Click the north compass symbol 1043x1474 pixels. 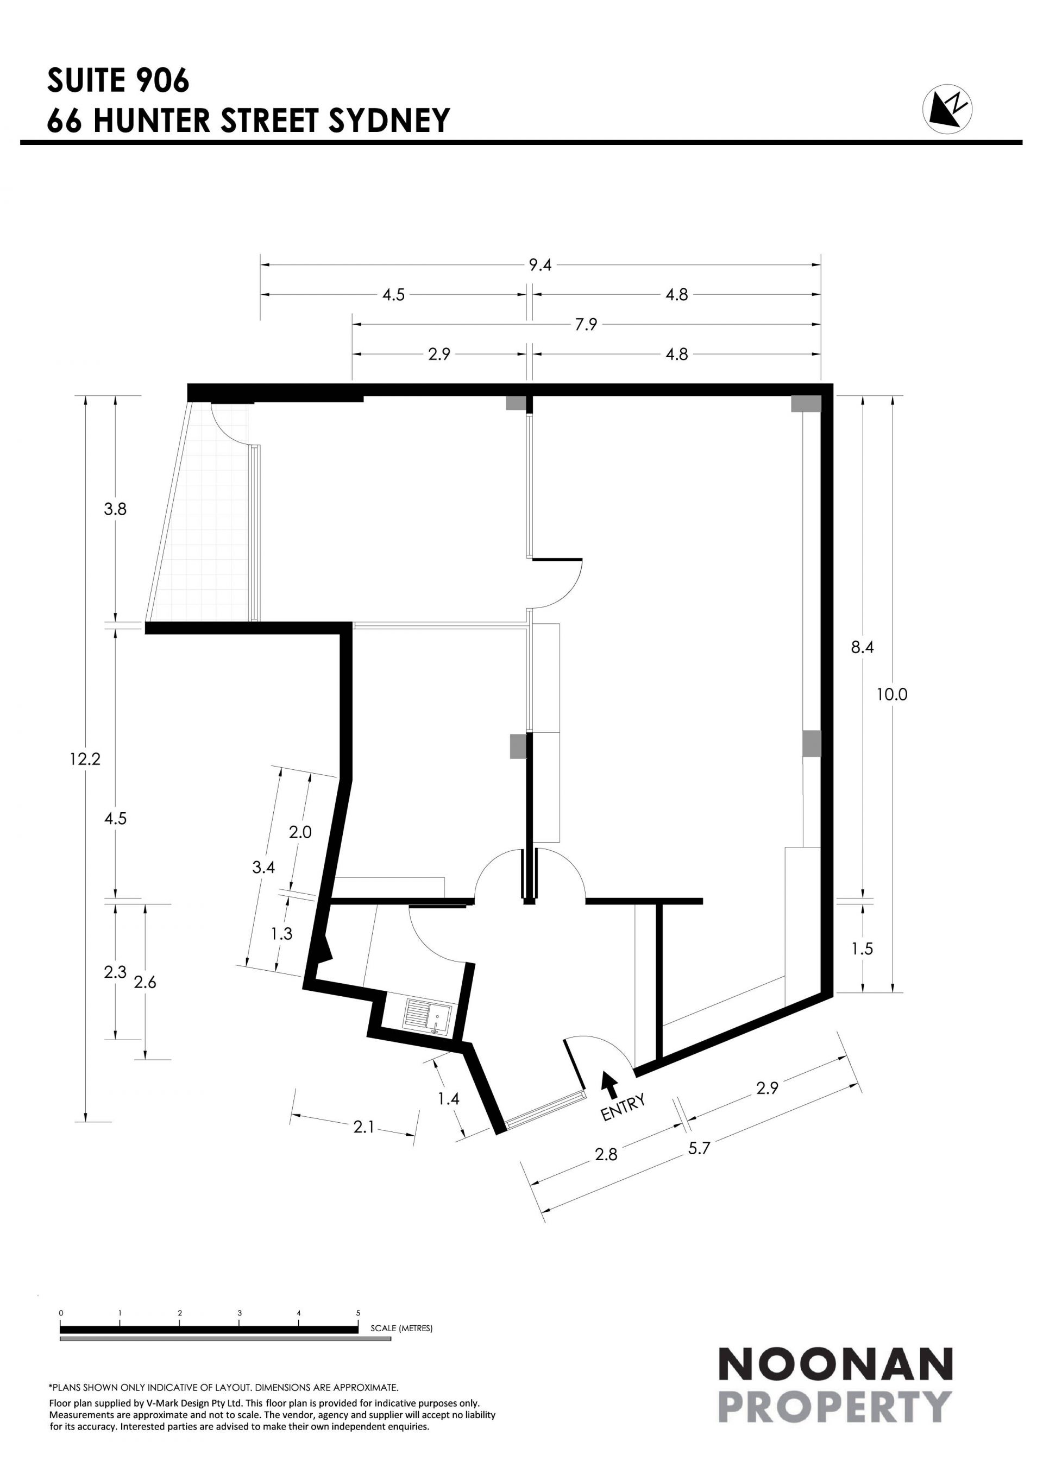click(x=947, y=107)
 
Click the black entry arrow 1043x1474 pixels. click(x=610, y=1084)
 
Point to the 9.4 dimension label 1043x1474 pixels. click(x=540, y=264)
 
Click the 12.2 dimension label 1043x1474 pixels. click(x=85, y=759)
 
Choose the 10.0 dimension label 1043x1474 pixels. click(x=892, y=694)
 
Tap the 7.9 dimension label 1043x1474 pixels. click(x=586, y=324)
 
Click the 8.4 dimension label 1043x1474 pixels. click(x=863, y=648)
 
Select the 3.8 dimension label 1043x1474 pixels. click(x=116, y=509)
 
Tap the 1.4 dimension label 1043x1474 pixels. click(x=448, y=1098)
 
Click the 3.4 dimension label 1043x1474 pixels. click(x=263, y=868)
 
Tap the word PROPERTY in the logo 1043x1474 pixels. click(x=835, y=1406)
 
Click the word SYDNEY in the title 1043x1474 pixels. click(x=389, y=120)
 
